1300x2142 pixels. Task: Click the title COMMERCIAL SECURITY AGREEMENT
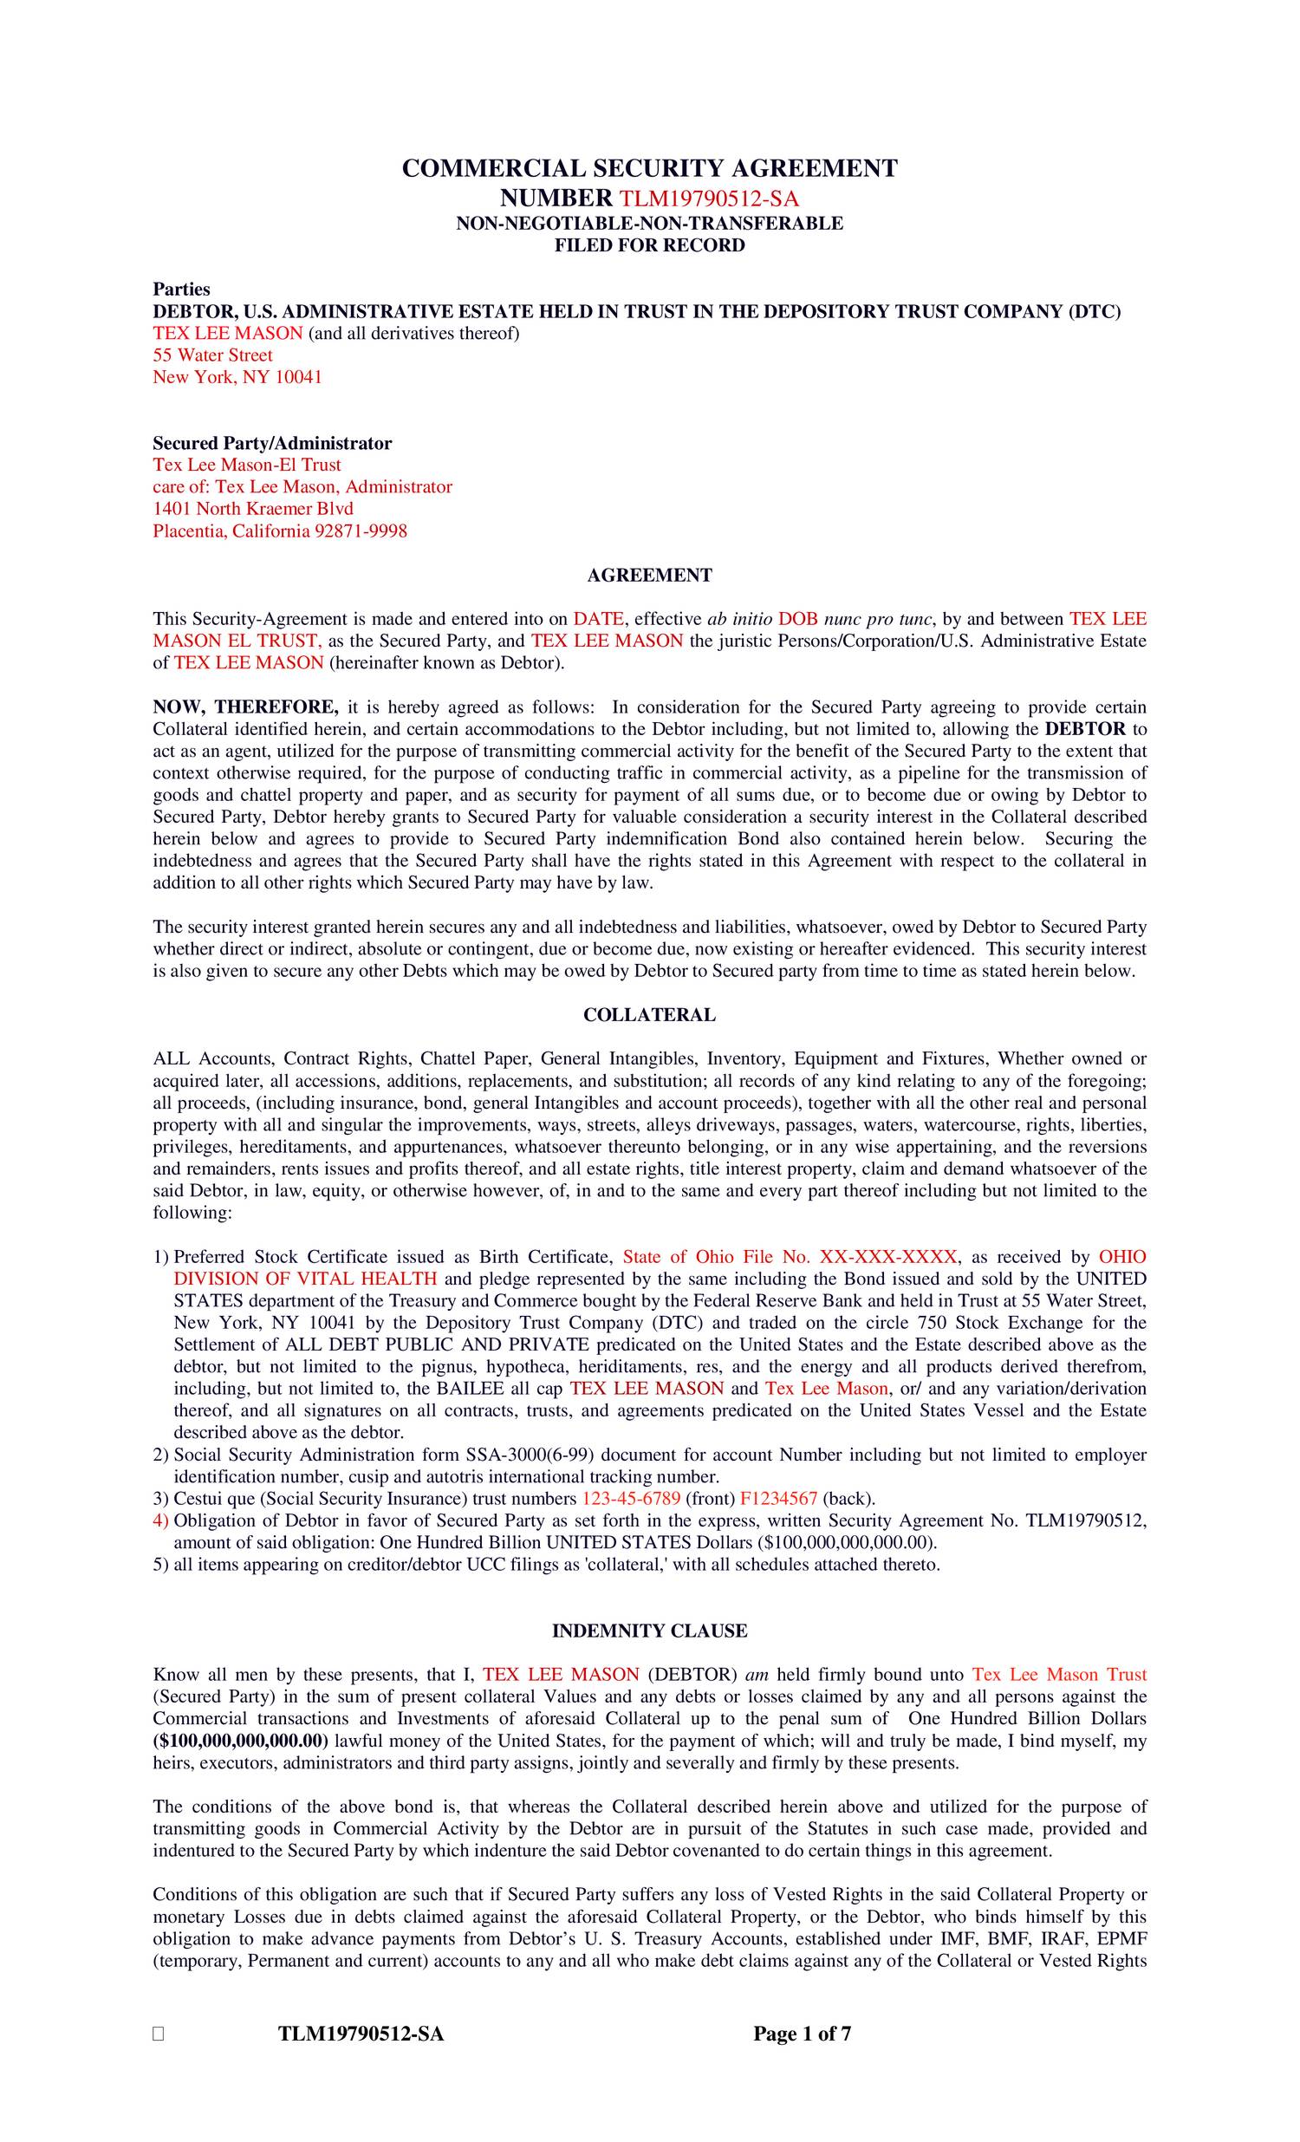649,168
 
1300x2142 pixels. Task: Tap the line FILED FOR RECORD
649,245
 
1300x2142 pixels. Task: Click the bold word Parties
182,289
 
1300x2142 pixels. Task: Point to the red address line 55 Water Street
213,355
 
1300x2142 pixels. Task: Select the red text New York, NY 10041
237,377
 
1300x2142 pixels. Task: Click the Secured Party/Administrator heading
272,443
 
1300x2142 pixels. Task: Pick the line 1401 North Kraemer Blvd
253,509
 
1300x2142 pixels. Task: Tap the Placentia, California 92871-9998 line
280,531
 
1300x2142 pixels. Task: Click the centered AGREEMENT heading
649,575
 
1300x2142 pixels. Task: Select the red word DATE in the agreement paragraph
598,619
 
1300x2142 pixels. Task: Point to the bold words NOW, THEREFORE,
246,706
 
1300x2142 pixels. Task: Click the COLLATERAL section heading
649,1014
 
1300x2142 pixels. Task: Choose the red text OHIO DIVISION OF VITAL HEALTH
305,1279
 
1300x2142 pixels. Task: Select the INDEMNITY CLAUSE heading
649,1631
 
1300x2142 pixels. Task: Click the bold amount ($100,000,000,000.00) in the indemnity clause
241,1741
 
